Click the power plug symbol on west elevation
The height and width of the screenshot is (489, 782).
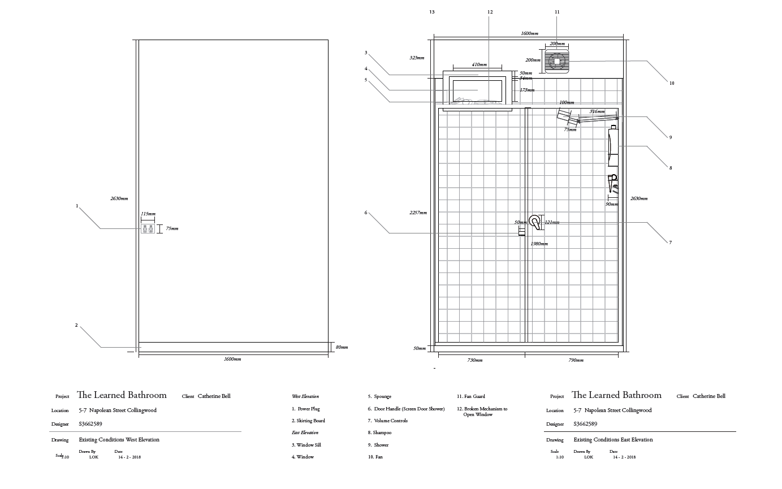tap(148, 228)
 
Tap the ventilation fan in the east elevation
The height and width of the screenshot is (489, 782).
tap(556, 61)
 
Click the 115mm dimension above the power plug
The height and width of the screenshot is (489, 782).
tap(148, 214)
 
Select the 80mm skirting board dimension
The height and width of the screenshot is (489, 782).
tap(342, 347)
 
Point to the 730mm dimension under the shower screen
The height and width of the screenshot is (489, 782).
tap(474, 360)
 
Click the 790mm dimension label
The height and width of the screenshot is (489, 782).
tap(576, 360)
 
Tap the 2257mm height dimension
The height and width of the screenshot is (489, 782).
tap(418, 213)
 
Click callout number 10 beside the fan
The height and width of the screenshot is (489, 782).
tap(672, 83)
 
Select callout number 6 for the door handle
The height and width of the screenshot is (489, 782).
tap(366, 213)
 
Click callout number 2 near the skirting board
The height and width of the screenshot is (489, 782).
tap(76, 325)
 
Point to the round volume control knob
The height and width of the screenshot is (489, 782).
tap(534, 220)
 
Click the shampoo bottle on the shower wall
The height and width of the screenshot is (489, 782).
tap(612, 147)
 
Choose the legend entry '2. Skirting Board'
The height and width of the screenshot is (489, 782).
tap(308, 421)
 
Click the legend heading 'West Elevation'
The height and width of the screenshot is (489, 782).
tap(305, 396)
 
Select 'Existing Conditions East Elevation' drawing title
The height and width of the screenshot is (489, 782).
tap(613, 439)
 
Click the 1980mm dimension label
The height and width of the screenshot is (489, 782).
tap(539, 244)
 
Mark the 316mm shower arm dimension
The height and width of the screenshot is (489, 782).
tap(597, 111)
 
